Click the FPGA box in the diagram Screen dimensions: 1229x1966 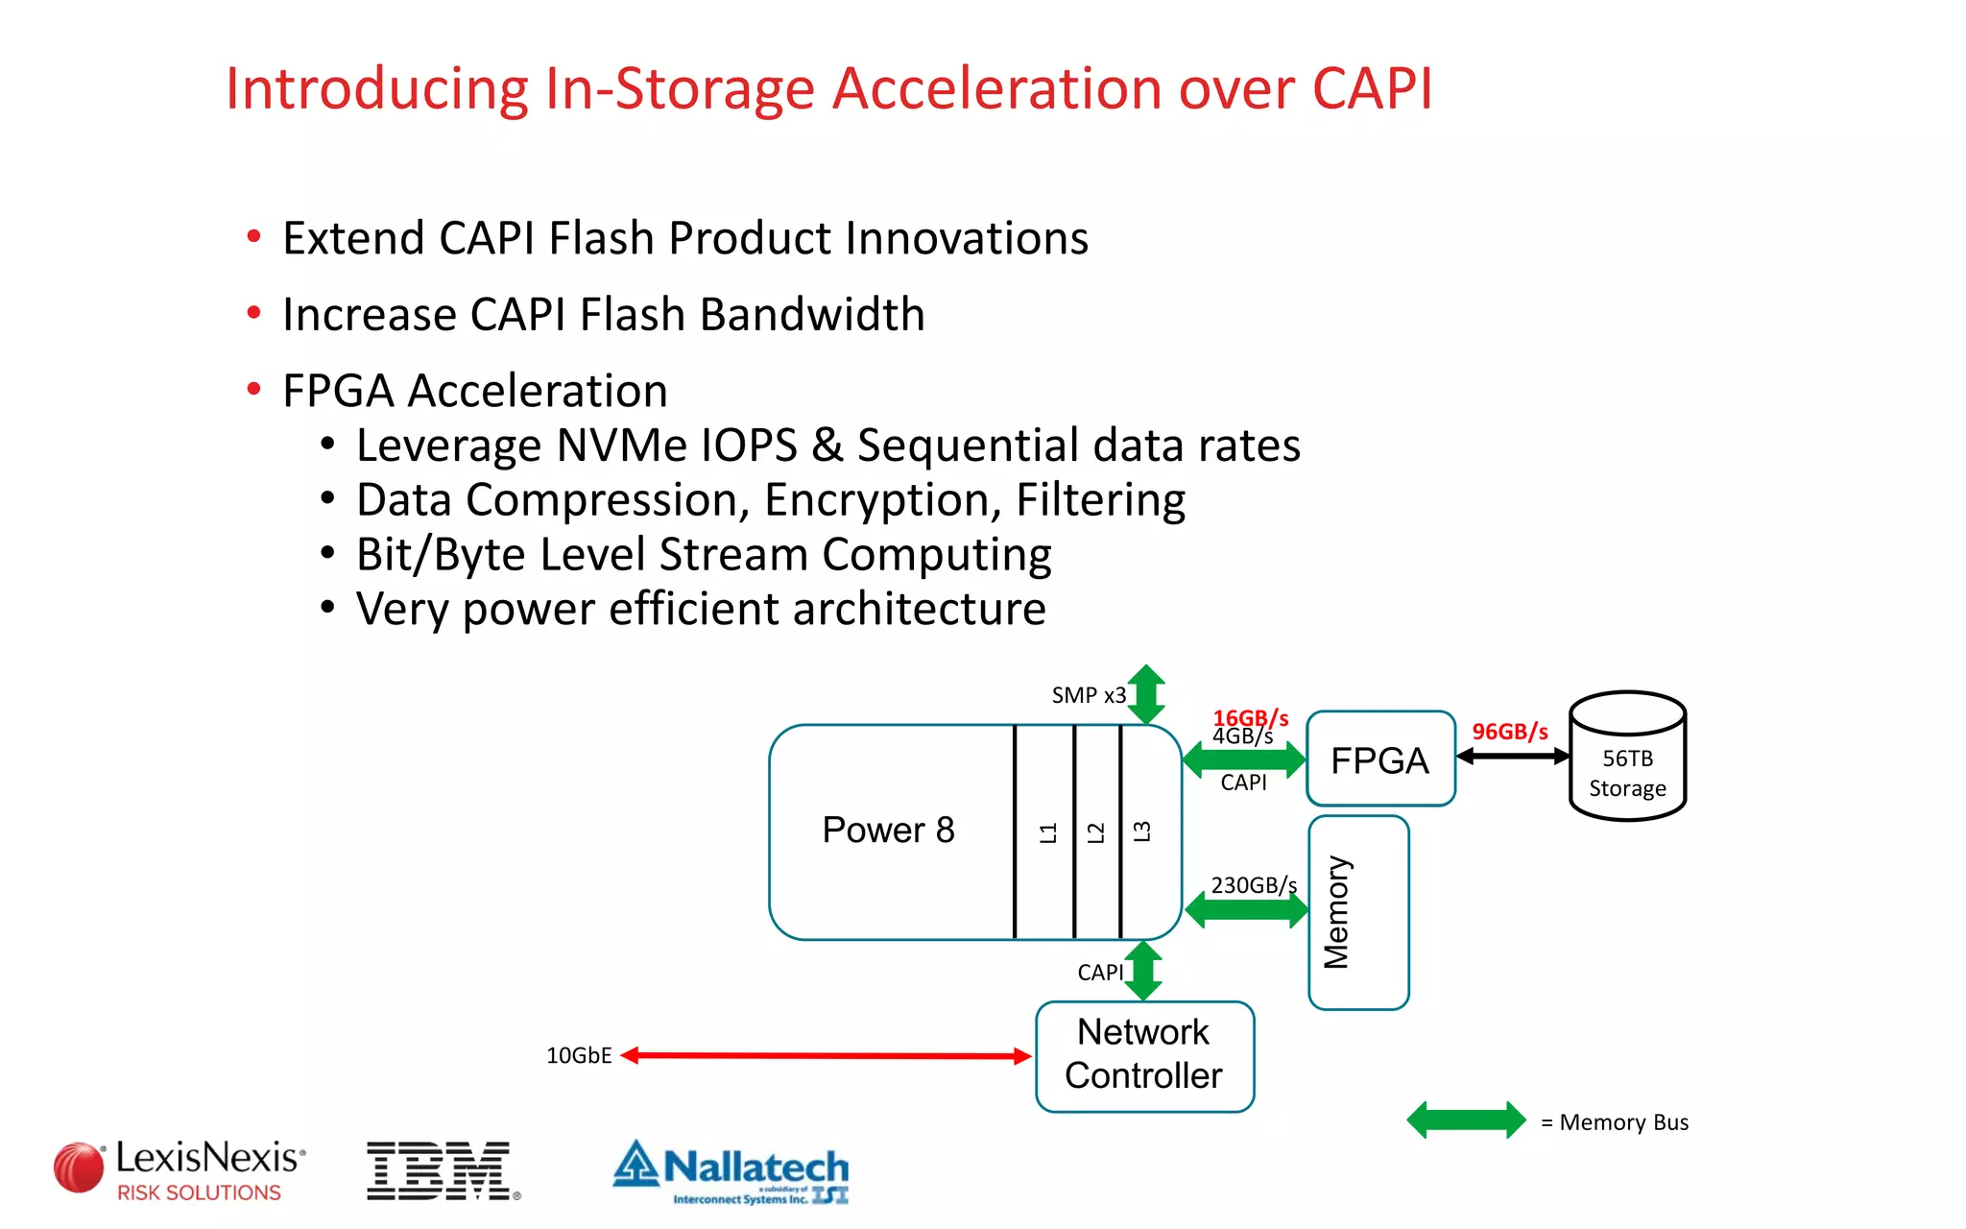click(x=1380, y=759)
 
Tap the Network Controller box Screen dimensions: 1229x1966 click(x=1144, y=1056)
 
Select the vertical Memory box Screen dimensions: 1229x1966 click(x=1357, y=912)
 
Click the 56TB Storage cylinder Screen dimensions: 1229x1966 click(x=1627, y=759)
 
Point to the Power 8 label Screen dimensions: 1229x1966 click(x=888, y=831)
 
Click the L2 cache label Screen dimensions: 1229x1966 click(x=1095, y=832)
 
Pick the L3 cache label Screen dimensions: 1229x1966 click(x=1141, y=831)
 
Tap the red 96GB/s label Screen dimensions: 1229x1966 click(x=1509, y=732)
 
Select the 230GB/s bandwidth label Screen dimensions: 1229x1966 click(x=1253, y=885)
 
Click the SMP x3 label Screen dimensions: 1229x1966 click(x=1088, y=695)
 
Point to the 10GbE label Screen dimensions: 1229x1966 click(x=579, y=1056)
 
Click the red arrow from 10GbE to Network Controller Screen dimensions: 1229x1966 click(x=826, y=1056)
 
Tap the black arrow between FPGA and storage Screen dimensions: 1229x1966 click(x=1513, y=757)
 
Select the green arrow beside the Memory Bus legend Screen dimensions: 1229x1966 click(x=1466, y=1121)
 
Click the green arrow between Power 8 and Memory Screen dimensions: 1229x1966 click(x=1246, y=910)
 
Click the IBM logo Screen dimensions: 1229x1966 click(x=440, y=1170)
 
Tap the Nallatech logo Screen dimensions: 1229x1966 click(x=731, y=1171)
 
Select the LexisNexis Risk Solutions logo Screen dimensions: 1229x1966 click(x=180, y=1169)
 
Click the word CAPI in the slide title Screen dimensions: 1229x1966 click(x=1372, y=88)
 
